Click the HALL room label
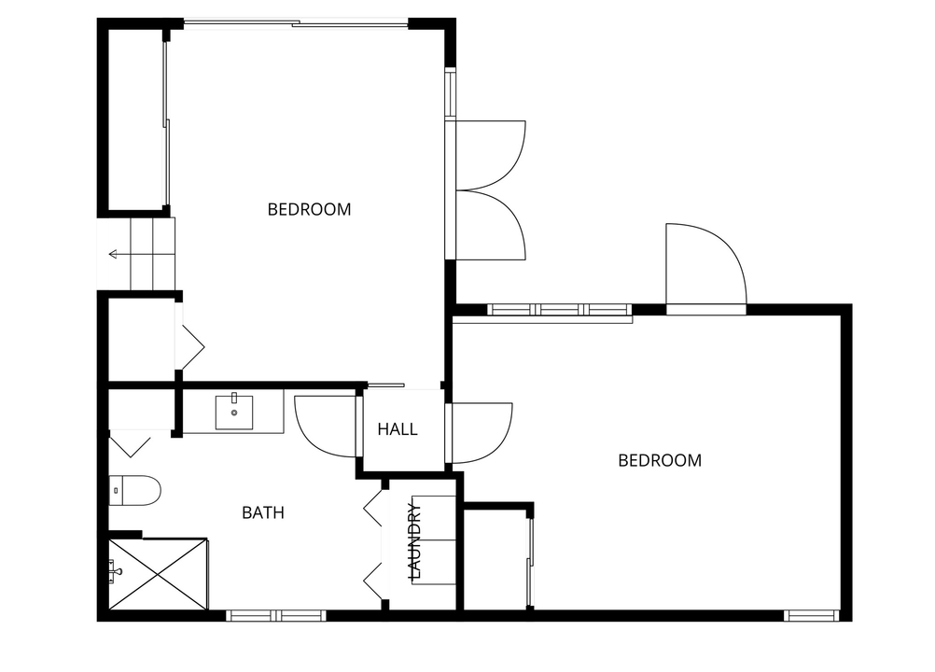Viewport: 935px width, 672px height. (x=398, y=429)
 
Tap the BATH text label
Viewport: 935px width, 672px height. (x=263, y=512)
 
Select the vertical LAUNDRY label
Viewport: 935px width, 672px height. (x=415, y=540)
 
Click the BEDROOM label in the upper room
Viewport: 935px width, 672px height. (x=309, y=209)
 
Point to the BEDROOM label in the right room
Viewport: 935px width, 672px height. (x=660, y=460)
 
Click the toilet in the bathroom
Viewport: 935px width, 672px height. (x=134, y=490)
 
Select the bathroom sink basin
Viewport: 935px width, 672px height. (x=233, y=411)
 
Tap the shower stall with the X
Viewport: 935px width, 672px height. (x=158, y=574)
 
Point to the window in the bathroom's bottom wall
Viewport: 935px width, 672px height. (x=276, y=615)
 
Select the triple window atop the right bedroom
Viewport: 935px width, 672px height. (x=559, y=310)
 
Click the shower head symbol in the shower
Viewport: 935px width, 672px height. (x=115, y=570)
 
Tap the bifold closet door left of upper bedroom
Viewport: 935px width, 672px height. (x=190, y=346)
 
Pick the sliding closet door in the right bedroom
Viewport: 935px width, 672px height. (x=530, y=562)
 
